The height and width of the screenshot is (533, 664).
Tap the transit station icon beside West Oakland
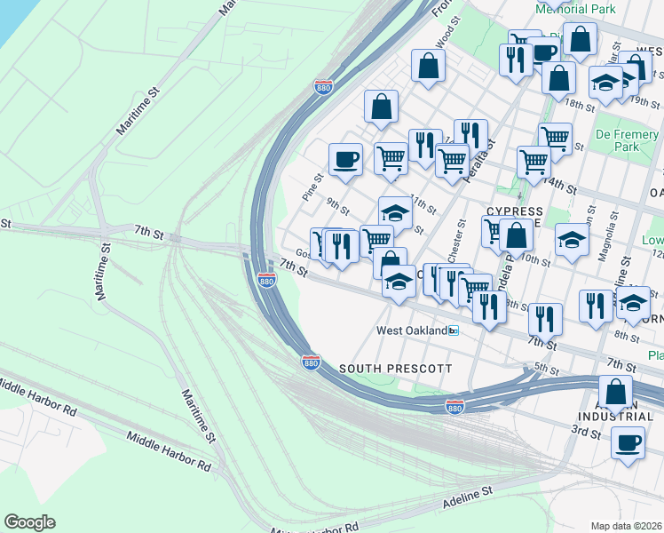click(454, 330)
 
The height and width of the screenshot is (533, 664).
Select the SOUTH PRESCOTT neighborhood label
click(395, 368)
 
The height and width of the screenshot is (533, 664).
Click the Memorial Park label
click(575, 9)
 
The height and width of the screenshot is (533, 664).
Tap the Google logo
click(29, 522)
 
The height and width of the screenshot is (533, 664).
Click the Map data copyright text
click(627, 526)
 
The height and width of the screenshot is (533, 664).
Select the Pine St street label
click(311, 187)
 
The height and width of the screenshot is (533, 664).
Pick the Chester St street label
click(457, 242)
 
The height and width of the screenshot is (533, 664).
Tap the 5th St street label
click(547, 369)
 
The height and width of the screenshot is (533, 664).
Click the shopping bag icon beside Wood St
click(428, 66)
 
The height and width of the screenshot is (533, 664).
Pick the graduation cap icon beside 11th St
click(395, 213)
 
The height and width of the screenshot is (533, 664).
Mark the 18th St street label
click(581, 105)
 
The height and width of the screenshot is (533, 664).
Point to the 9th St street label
click(337, 206)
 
